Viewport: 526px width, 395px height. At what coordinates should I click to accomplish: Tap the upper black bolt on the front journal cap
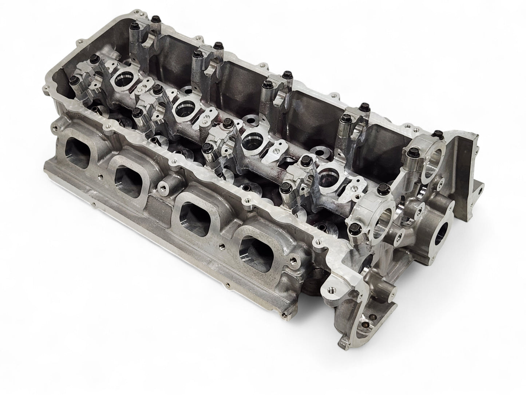coord(382,188)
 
